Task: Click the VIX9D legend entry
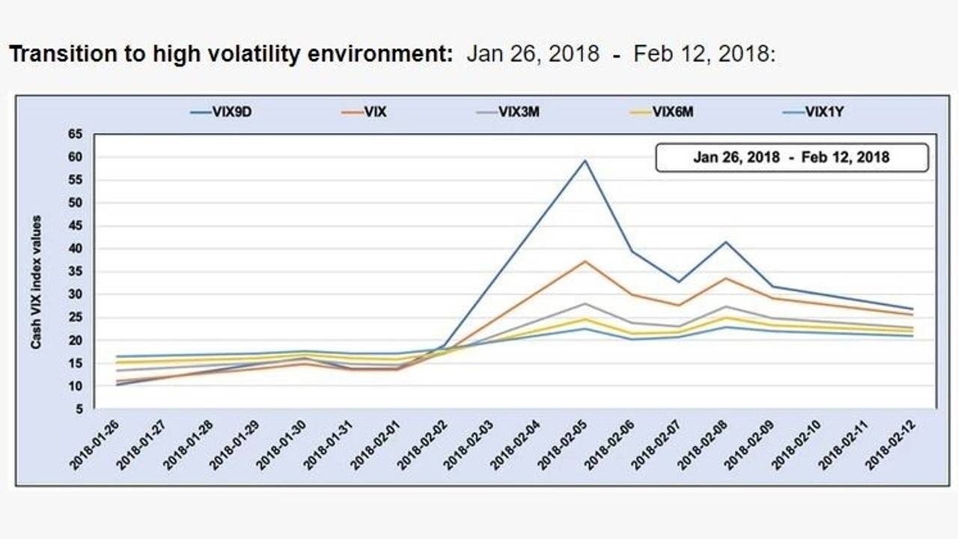[x=222, y=113]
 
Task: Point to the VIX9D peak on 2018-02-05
[x=585, y=160]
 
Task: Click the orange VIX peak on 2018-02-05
[x=585, y=261]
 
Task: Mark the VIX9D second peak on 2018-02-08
[x=725, y=242]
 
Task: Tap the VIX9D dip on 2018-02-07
[x=679, y=281]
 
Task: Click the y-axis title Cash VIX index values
[x=36, y=282]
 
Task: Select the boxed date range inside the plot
[x=791, y=157]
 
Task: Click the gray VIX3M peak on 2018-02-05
[x=585, y=303]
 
